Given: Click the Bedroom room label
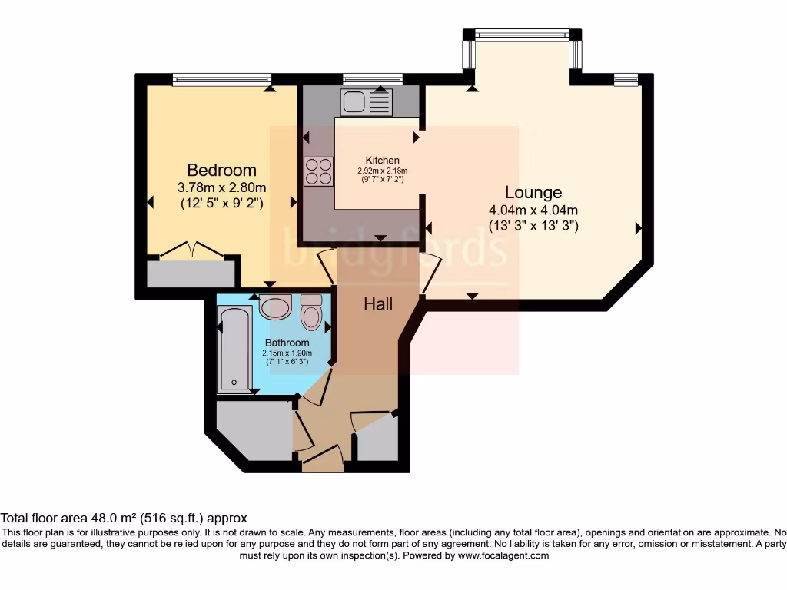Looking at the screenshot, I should [221, 170].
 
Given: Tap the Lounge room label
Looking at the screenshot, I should [533, 192].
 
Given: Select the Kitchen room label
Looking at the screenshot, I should [382, 160].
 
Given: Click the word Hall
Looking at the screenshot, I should [378, 304].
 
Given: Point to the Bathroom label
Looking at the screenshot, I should [287, 343].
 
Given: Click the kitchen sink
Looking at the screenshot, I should [367, 101].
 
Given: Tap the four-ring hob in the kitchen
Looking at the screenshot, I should [319, 171].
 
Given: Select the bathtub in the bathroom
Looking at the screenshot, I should [231, 348].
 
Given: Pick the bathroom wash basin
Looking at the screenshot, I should [274, 307].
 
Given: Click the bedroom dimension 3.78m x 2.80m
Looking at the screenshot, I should [221, 187].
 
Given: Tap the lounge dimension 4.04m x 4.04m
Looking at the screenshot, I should [533, 210].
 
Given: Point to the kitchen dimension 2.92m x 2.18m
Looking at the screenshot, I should [382, 171].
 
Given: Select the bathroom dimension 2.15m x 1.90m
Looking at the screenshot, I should [287, 353].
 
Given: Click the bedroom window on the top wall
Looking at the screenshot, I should [221, 78].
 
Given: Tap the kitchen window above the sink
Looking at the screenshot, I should [373, 78].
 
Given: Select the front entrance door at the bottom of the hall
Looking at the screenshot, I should [323, 461].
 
